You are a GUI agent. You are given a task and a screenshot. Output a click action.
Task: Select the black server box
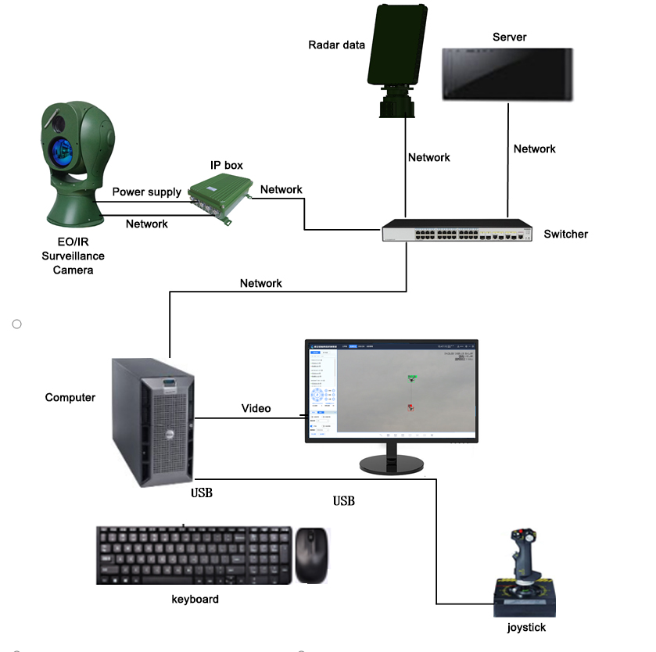pyautogui.click(x=507, y=74)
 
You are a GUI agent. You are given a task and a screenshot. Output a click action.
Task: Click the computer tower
pyautogui.click(x=153, y=422)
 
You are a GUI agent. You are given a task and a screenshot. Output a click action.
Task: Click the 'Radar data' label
pyautogui.click(x=336, y=45)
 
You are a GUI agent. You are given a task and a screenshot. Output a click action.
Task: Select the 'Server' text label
pyautogui.click(x=509, y=38)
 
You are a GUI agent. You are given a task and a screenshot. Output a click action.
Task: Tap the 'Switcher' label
pyautogui.click(x=565, y=234)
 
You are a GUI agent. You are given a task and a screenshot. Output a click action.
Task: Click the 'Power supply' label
pyautogui.click(x=146, y=192)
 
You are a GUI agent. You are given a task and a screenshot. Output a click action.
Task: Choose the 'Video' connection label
pyautogui.click(x=256, y=408)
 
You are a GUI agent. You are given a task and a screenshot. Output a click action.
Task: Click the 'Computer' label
pyautogui.click(x=70, y=397)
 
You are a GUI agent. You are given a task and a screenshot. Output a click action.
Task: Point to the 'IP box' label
pyautogui.click(x=226, y=165)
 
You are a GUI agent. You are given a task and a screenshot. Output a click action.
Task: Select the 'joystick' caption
pyautogui.click(x=526, y=627)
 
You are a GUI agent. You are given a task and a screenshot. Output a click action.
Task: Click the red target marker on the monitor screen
pyautogui.click(x=410, y=407)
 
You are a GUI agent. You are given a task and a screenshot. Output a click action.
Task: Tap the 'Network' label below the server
pyautogui.click(x=534, y=149)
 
